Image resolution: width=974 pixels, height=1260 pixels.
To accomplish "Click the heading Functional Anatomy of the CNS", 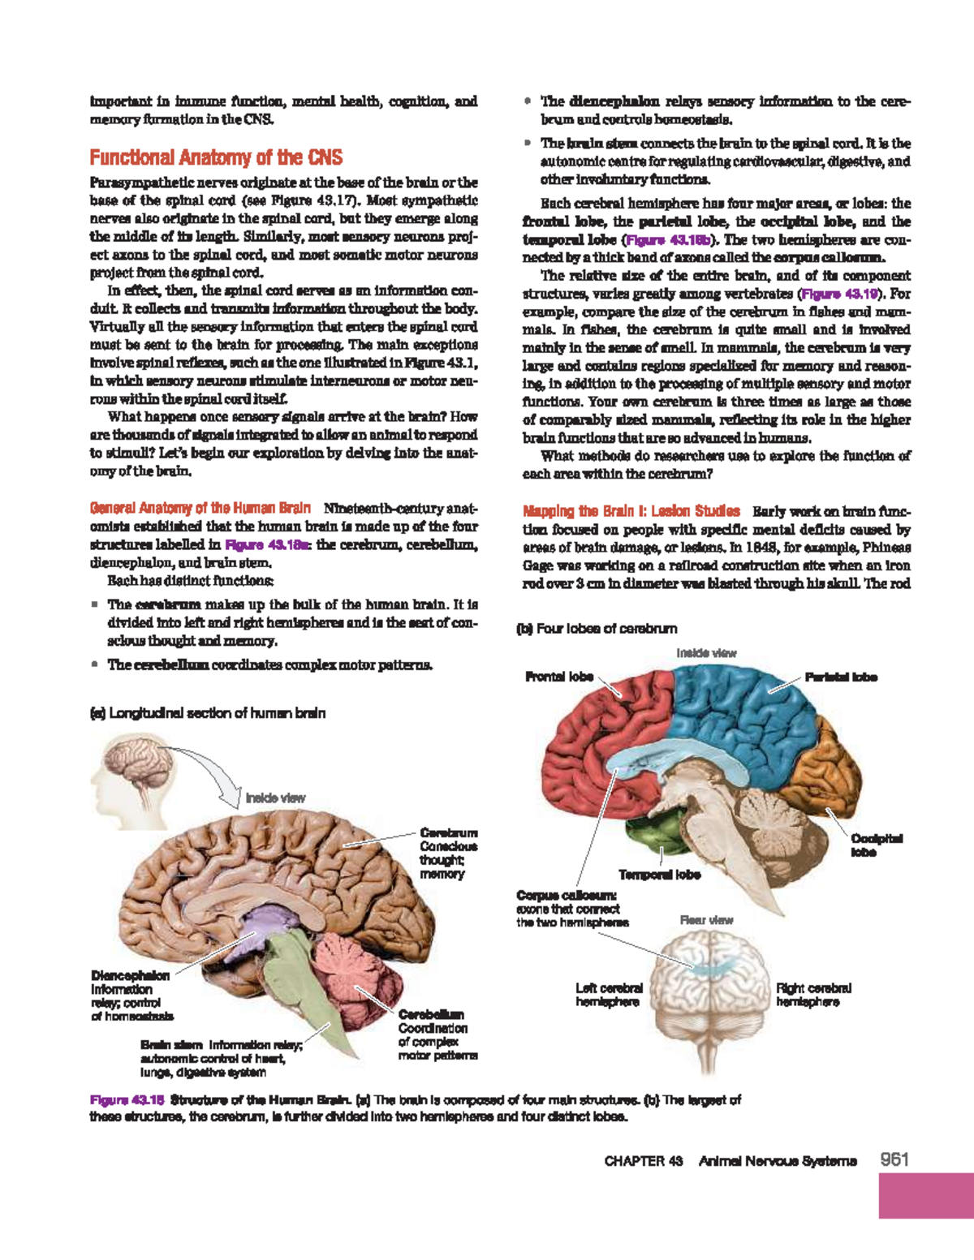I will tap(216, 157).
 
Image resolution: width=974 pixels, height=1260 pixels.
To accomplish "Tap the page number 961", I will tap(894, 1159).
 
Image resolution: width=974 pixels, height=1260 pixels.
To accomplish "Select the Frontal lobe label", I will tap(559, 677).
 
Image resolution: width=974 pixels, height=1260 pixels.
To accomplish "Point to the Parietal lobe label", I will tap(841, 677).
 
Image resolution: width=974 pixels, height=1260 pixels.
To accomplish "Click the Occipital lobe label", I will tap(876, 845).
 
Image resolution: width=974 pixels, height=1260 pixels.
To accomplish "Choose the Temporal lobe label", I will tap(659, 875).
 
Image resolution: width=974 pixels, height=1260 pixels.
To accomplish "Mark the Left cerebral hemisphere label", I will tap(609, 995).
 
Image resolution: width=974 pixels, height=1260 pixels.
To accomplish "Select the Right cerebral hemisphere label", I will tap(813, 995).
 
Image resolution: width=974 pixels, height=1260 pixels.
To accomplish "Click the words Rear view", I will tap(706, 920).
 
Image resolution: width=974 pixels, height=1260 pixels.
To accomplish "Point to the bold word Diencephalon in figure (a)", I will tap(130, 975).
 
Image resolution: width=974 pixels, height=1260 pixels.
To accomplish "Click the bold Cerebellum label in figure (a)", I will tap(431, 1014).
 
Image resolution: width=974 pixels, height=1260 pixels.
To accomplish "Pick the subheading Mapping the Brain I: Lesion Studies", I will tap(631, 511).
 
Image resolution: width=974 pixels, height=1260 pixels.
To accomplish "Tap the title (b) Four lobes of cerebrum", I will tap(597, 628).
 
